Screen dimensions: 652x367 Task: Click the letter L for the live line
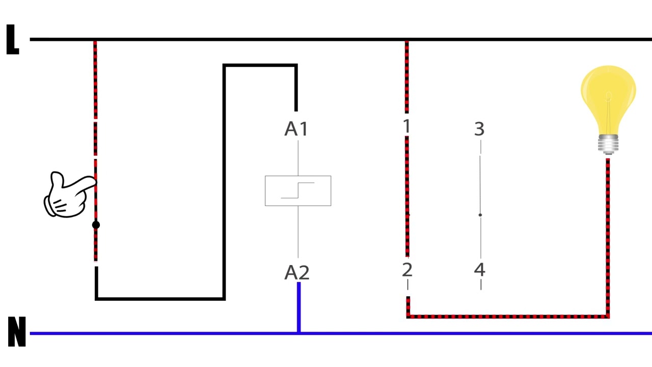click(13, 40)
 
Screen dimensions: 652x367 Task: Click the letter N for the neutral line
click(17, 331)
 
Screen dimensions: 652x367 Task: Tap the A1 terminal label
click(296, 129)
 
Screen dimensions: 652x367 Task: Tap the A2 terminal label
click(297, 273)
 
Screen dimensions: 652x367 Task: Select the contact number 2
click(407, 270)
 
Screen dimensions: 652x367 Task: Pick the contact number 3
click(479, 129)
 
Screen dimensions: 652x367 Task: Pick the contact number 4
click(480, 270)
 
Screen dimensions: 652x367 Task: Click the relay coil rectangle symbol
click(298, 191)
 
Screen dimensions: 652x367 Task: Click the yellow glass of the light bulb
click(608, 96)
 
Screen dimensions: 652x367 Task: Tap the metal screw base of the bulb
click(608, 144)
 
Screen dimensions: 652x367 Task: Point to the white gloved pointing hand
click(69, 195)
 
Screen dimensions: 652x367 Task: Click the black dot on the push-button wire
click(96, 225)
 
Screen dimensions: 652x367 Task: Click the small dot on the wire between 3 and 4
click(480, 215)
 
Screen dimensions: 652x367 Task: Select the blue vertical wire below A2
click(298, 307)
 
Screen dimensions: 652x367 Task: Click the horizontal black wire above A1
click(260, 65)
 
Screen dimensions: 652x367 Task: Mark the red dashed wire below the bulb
click(608, 238)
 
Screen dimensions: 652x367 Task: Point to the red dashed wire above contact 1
click(406, 77)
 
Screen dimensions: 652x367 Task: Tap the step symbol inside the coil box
click(297, 191)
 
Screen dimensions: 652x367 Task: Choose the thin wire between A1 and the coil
click(298, 158)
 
